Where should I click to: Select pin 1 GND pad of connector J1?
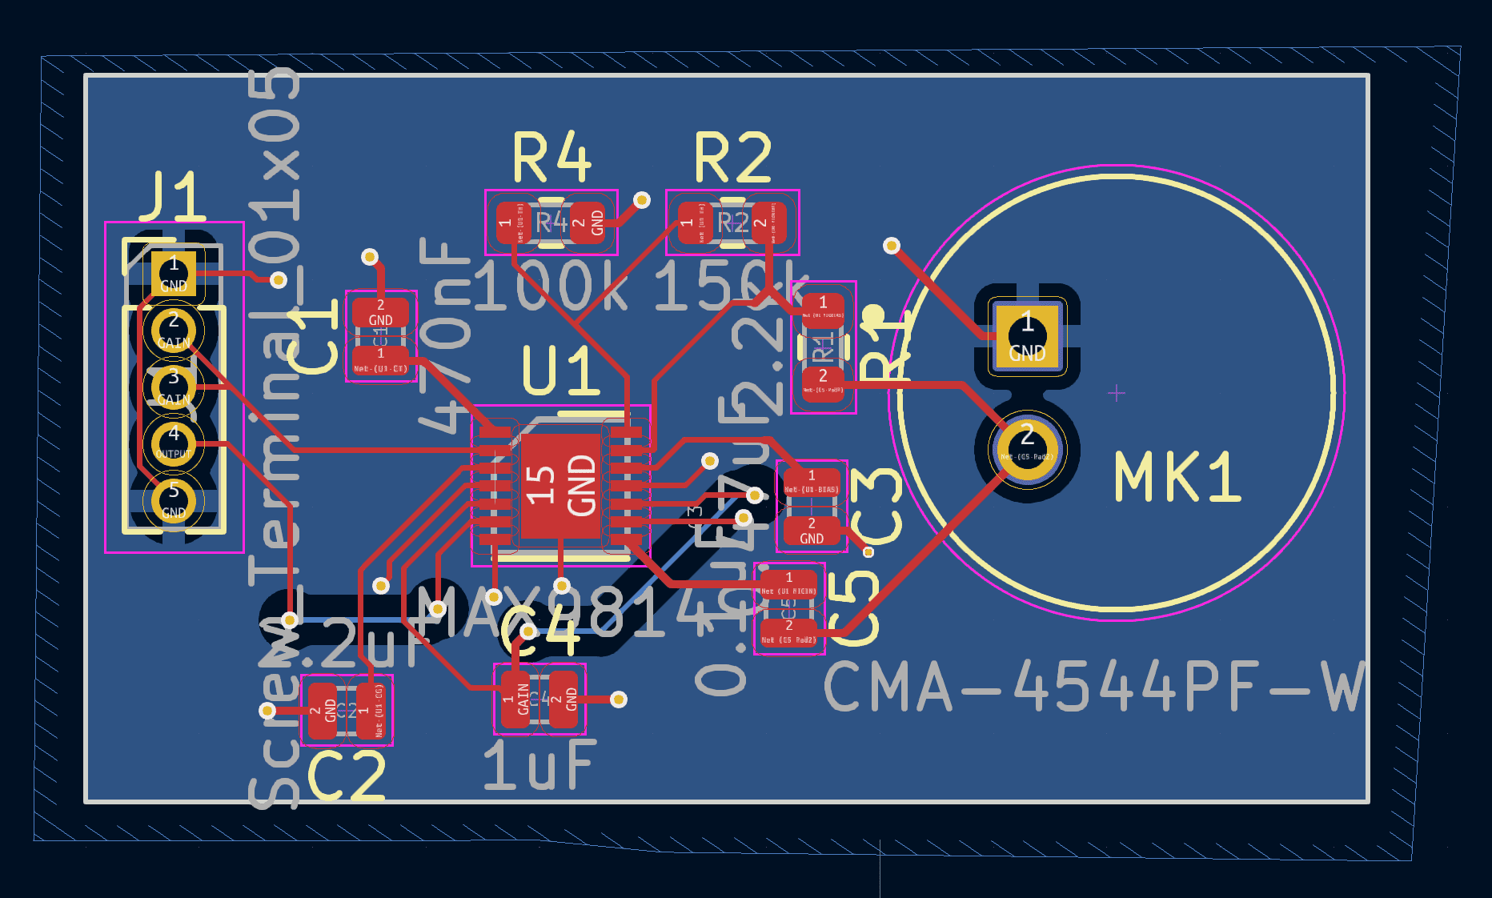[174, 273]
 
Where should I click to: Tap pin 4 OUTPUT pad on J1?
[174, 443]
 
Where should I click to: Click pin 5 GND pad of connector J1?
[174, 499]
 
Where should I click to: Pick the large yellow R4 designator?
[551, 158]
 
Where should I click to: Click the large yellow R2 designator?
[732, 158]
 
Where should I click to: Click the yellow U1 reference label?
[560, 371]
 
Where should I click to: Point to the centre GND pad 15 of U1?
[560, 486]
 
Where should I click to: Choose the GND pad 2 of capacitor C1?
[380, 312]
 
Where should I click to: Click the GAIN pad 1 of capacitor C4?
[515, 699]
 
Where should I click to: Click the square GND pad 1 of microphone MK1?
[1027, 336]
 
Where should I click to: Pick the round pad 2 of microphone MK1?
[1027, 443]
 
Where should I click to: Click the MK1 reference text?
[1177, 478]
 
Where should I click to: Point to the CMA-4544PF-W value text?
[1093, 687]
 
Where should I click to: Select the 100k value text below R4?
[552, 287]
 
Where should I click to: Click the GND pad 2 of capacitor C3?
[811, 531]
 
